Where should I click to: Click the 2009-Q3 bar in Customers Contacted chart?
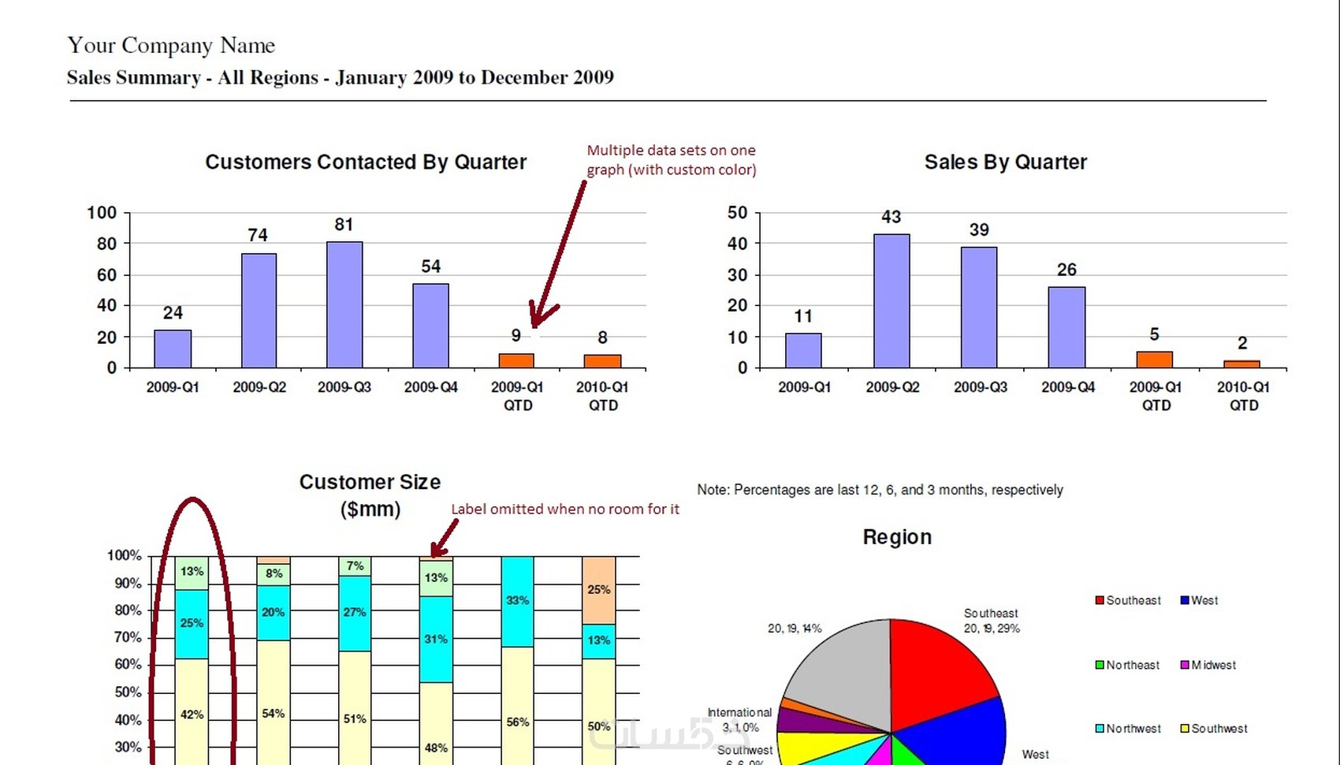pos(344,304)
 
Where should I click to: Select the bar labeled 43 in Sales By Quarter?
pos(891,300)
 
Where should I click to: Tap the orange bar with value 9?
pos(516,360)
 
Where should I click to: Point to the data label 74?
pos(258,235)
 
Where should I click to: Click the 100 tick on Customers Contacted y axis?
pos(102,213)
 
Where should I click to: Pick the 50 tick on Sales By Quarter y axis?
pos(738,213)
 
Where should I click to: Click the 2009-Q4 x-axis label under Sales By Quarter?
pos(1068,387)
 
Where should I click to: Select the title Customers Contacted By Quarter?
pos(366,162)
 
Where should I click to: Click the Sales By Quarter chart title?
pos(1005,162)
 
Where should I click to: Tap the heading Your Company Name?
pos(171,46)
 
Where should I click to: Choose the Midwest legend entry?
pos(1208,666)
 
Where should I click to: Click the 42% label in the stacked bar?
pos(192,715)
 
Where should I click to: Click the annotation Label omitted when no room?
pos(564,509)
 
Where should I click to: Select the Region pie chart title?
pos(897,538)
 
